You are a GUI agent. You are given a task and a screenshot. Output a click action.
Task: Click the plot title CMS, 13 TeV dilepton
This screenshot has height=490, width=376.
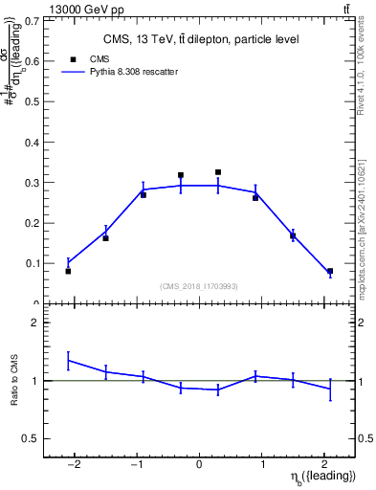(201, 39)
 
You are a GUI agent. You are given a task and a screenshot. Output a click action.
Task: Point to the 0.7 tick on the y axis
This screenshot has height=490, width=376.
(33, 19)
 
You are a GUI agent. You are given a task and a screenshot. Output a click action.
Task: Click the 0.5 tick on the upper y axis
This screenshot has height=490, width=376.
(33, 101)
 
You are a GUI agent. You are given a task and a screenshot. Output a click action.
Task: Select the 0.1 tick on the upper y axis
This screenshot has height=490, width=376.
(33, 263)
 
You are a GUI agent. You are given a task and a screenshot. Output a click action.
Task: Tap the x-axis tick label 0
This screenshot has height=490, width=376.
(199, 465)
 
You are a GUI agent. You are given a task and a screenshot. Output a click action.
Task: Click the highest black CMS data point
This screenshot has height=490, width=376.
(218, 172)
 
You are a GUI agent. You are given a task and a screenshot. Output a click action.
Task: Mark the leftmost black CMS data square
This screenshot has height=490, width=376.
(68, 271)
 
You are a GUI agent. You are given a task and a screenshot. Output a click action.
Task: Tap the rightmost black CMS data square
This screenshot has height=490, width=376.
(330, 271)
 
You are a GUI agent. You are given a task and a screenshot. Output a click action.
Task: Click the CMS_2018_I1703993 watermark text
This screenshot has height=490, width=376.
(199, 286)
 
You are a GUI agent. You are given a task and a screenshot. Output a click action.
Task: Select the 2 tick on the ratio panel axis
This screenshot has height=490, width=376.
(35, 323)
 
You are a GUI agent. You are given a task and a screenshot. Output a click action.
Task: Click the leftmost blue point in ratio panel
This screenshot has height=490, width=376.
(68, 361)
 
